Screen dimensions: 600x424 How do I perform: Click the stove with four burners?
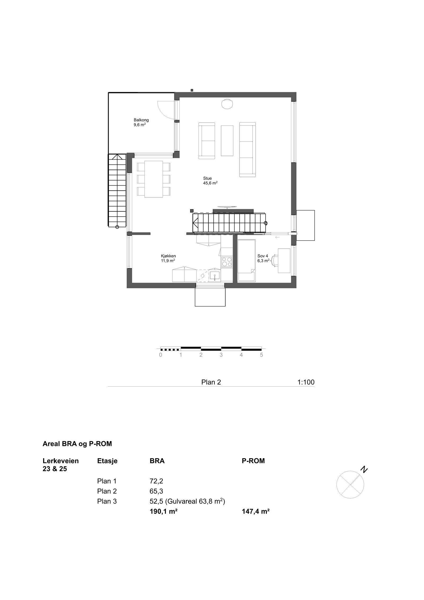point(227,262)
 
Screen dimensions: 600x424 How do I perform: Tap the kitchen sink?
point(214,276)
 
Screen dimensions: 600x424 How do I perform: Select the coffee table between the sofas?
point(227,141)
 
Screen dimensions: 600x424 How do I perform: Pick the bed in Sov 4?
point(246,260)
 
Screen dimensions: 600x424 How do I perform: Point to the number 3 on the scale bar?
point(221,355)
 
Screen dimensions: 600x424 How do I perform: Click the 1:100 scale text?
point(306,382)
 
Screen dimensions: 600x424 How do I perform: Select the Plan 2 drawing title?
point(211,382)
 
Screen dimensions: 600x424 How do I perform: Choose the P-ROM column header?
point(253,461)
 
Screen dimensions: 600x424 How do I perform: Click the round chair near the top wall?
point(227,103)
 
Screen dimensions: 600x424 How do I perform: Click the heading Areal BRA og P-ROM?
point(77,444)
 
